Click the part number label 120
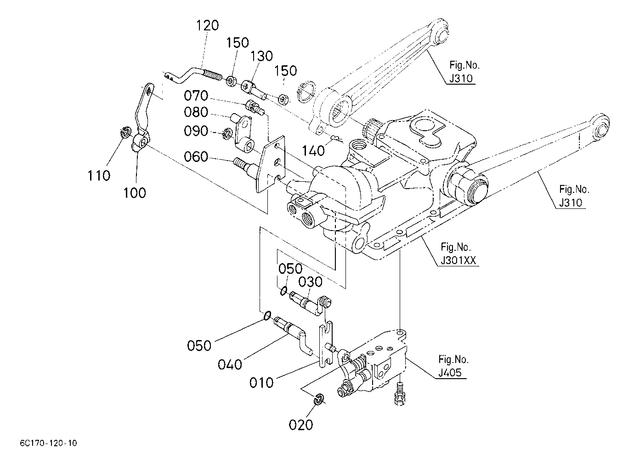coord(208,25)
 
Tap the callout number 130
coord(261,56)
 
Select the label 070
coord(196,96)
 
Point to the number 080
coord(196,112)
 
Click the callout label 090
coord(196,131)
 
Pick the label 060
coord(196,156)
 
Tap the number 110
coord(99,176)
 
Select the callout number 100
coord(135,193)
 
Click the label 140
coord(313,151)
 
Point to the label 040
coord(230,364)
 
